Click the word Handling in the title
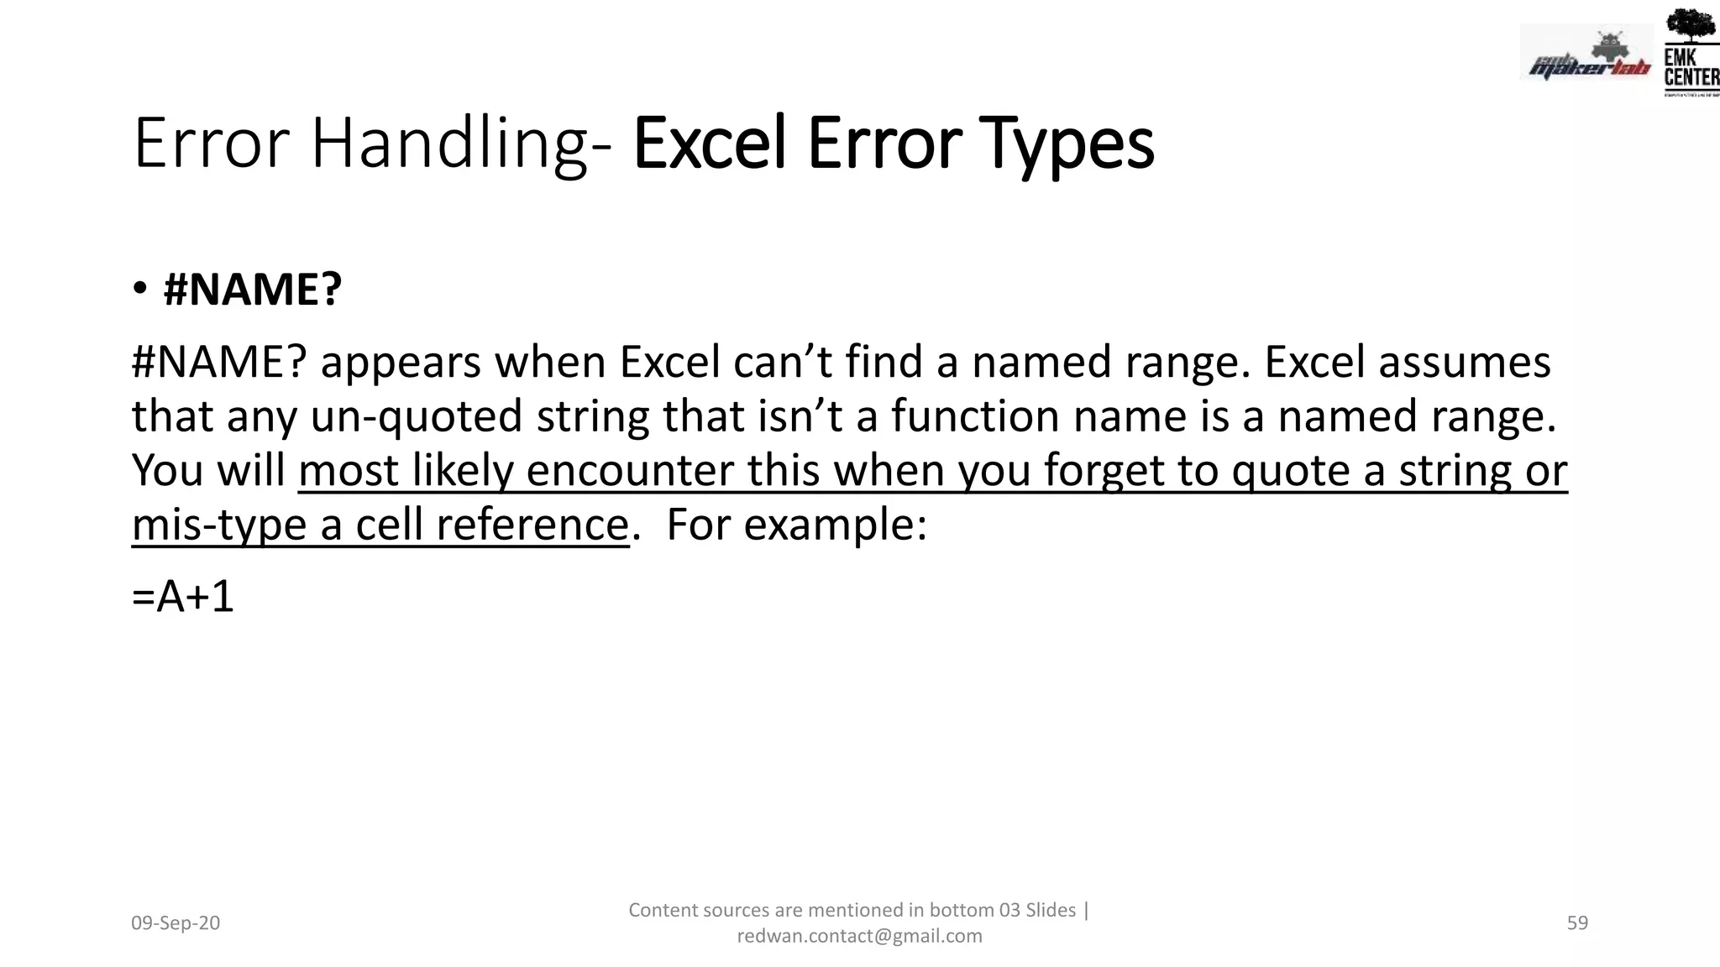coord(449,144)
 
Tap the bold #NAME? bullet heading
coord(253,290)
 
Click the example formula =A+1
coord(182,597)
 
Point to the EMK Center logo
coord(1690,52)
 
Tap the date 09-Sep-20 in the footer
coord(176,923)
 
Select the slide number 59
coord(1577,923)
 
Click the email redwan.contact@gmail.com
coord(859,936)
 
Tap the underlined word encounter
coord(630,470)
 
